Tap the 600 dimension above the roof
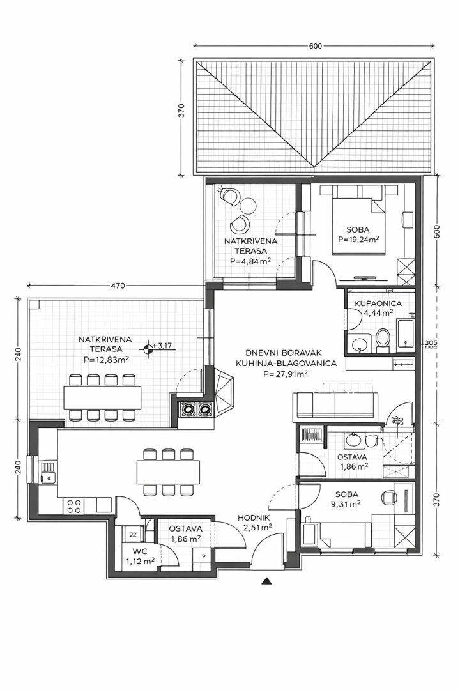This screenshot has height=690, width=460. pyautogui.click(x=315, y=46)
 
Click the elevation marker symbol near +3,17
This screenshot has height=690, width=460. pyautogui.click(x=149, y=349)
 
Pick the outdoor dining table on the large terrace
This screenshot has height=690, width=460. pyautogui.click(x=103, y=397)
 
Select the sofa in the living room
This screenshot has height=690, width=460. pyautogui.click(x=335, y=406)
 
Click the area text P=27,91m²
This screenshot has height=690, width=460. pyautogui.click(x=285, y=374)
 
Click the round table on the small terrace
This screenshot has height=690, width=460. pyautogui.click(x=247, y=205)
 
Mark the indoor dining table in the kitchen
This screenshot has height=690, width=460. pyautogui.click(x=168, y=471)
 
